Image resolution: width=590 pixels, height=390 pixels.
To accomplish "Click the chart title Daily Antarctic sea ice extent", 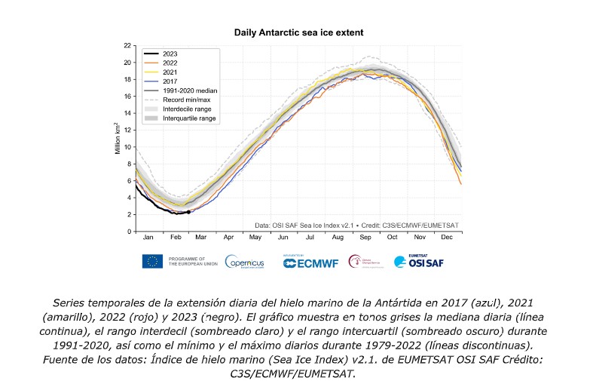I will click(300, 32).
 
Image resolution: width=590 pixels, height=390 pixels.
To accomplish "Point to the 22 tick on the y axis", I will click(128, 45).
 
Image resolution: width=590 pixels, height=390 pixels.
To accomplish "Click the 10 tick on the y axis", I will click(128, 147).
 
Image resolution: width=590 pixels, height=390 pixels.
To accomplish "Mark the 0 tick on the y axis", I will click(130, 231).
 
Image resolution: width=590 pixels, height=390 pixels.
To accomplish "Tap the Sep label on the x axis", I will click(365, 238).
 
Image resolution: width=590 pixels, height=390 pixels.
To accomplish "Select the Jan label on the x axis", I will click(148, 238).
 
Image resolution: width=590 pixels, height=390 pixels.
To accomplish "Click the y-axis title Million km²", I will click(118, 138).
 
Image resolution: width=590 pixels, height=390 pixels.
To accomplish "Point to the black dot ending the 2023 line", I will click(188, 212).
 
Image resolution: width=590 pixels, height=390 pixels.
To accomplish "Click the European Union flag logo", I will click(153, 261).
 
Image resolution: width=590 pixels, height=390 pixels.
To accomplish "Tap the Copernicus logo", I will click(244, 262).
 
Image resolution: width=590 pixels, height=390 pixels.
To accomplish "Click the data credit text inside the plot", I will click(356, 225).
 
